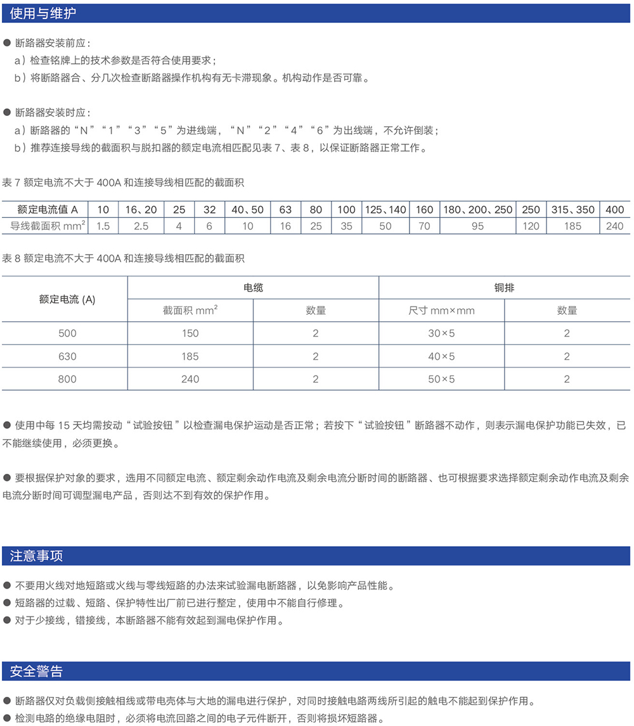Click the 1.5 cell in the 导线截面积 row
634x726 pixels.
tap(103, 226)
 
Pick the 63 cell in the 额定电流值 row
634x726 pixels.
tap(285, 210)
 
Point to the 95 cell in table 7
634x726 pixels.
tap(477, 226)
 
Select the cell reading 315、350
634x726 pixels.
tap(573, 210)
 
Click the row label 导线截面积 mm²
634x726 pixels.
tap(48, 226)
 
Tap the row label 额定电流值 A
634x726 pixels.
tap(48, 210)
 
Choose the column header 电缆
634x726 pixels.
tap(253, 288)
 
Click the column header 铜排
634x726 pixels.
tap(504, 288)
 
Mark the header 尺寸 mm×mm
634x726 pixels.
tap(441, 310)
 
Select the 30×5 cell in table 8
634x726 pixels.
tap(441, 333)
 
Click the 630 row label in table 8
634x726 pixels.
tap(67, 356)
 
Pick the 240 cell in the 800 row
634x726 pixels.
tap(190, 379)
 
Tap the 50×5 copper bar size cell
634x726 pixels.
tap(441, 379)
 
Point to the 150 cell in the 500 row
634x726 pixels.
tap(190, 333)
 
